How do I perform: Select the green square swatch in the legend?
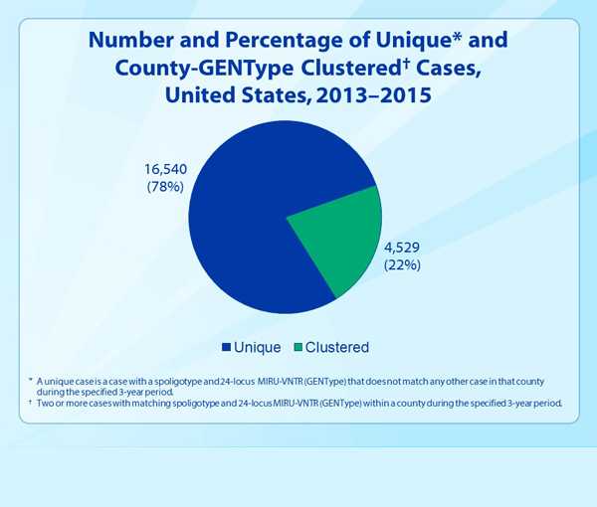297,348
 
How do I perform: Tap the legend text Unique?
257,348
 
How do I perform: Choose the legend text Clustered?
338,348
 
